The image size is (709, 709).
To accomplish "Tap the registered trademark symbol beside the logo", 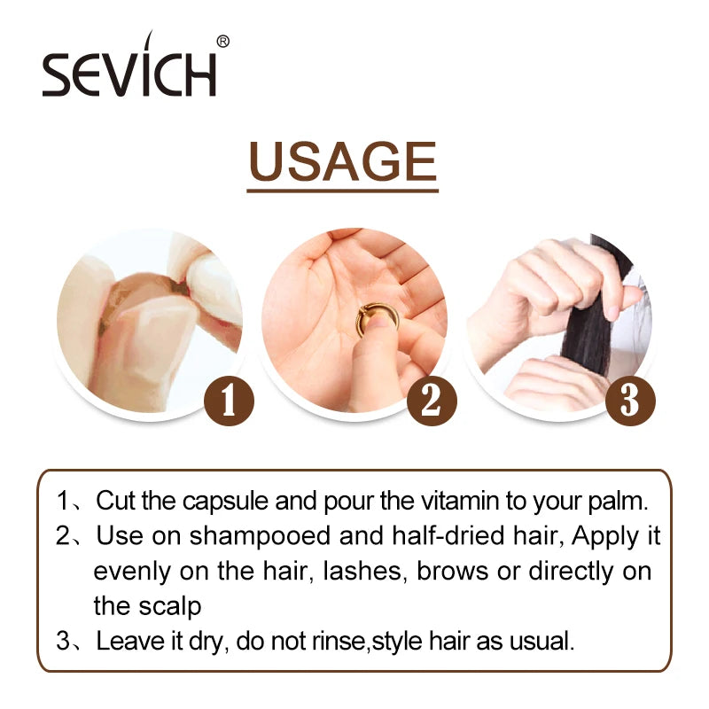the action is click(x=223, y=42).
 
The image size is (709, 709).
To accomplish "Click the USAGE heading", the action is click(x=343, y=161).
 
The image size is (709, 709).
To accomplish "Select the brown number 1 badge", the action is click(x=229, y=401).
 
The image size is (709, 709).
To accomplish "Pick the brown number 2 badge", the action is click(x=432, y=401).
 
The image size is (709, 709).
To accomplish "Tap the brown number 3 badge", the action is click(x=630, y=401).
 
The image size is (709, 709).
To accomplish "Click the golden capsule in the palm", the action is click(x=378, y=320).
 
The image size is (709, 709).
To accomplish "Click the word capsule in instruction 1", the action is click(x=225, y=501).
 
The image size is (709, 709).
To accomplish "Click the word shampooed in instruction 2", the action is click(x=261, y=537).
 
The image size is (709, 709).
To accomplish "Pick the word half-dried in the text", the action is click(x=448, y=536).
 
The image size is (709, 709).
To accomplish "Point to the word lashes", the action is click(x=362, y=572).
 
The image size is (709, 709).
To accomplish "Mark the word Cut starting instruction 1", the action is click(x=115, y=501).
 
